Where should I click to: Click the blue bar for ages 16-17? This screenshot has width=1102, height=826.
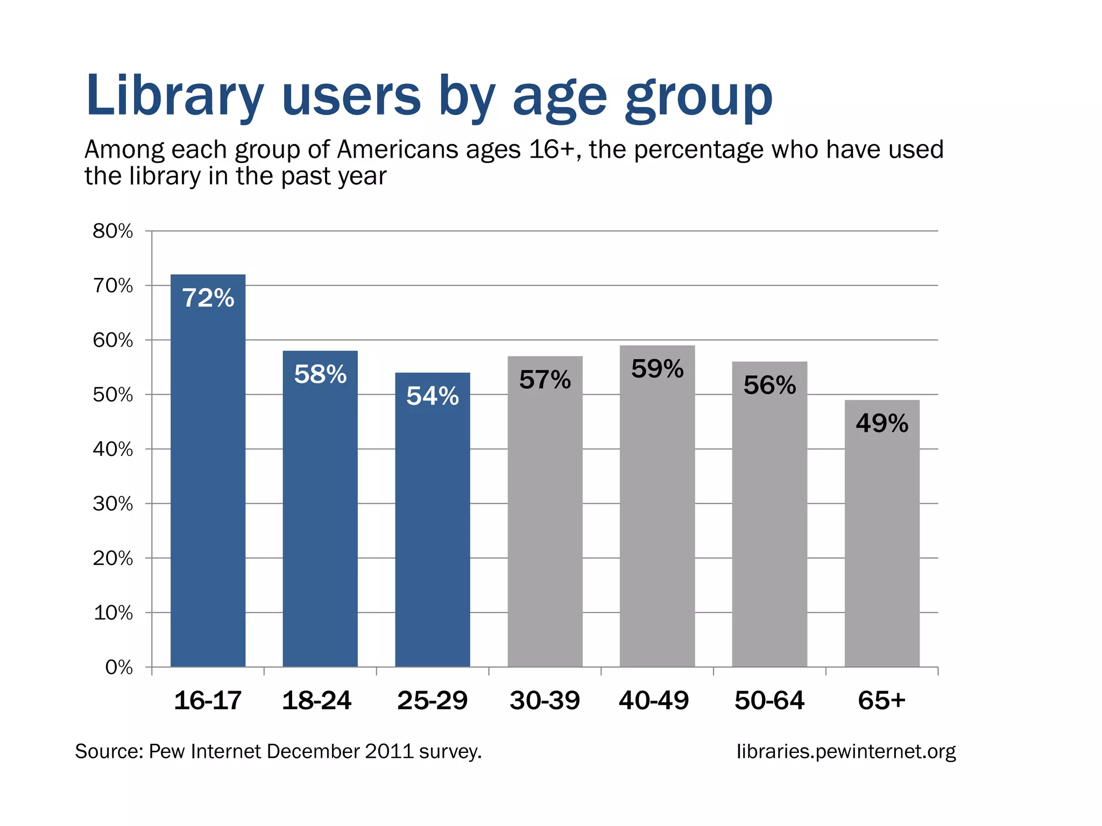(x=208, y=484)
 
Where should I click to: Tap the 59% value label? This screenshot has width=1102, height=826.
(x=657, y=369)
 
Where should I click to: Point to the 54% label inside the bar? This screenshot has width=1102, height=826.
(x=432, y=396)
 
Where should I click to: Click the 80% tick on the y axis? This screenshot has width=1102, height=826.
(x=113, y=231)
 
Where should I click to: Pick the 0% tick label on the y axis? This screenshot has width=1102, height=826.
(x=119, y=667)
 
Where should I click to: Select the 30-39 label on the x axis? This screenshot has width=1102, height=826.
(x=545, y=701)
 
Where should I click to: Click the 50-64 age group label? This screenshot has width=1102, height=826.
(x=769, y=701)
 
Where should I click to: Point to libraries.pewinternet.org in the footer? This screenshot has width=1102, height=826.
(x=846, y=751)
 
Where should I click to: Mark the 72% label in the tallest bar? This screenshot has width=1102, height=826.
(x=208, y=298)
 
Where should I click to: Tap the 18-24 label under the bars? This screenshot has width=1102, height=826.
(x=316, y=701)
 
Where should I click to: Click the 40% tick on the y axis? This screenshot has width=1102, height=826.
(x=113, y=449)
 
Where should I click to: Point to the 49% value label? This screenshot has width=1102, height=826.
(x=881, y=424)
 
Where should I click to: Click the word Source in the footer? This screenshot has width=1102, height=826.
(x=108, y=751)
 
